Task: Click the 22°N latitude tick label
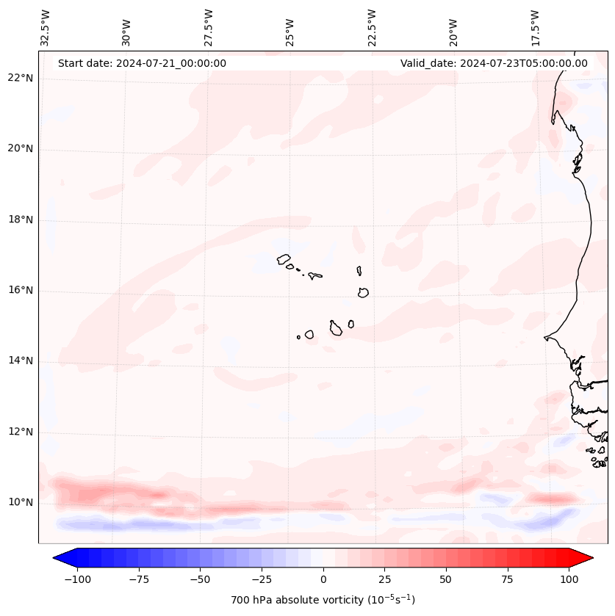[x=21, y=79]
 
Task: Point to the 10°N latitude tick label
[x=21, y=503]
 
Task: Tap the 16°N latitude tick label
[x=21, y=291]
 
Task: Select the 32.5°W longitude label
[x=46, y=27]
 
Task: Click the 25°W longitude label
[x=290, y=27]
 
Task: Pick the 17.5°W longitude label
[x=535, y=27]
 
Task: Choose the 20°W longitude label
[x=453, y=27]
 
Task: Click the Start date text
[x=142, y=63]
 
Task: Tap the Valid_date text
[x=494, y=63]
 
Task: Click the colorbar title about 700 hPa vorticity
[x=323, y=601]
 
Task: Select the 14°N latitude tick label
[x=21, y=361]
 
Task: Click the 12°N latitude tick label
[x=21, y=432]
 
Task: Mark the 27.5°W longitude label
[x=209, y=27]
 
